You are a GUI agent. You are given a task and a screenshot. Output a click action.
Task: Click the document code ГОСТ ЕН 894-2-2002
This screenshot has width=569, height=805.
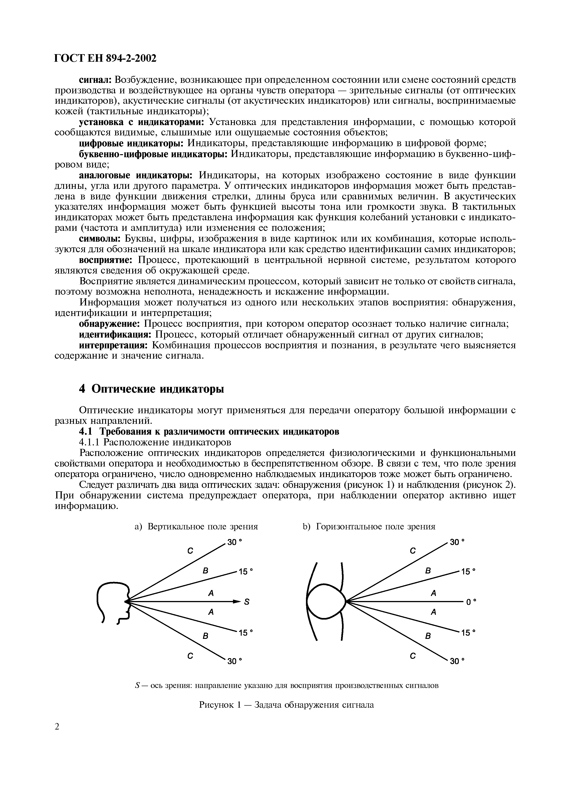(105, 59)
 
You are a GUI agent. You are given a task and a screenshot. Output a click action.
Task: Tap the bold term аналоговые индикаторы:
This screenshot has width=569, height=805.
(136, 175)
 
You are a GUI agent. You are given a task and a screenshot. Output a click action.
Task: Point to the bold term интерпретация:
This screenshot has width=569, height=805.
(113, 345)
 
